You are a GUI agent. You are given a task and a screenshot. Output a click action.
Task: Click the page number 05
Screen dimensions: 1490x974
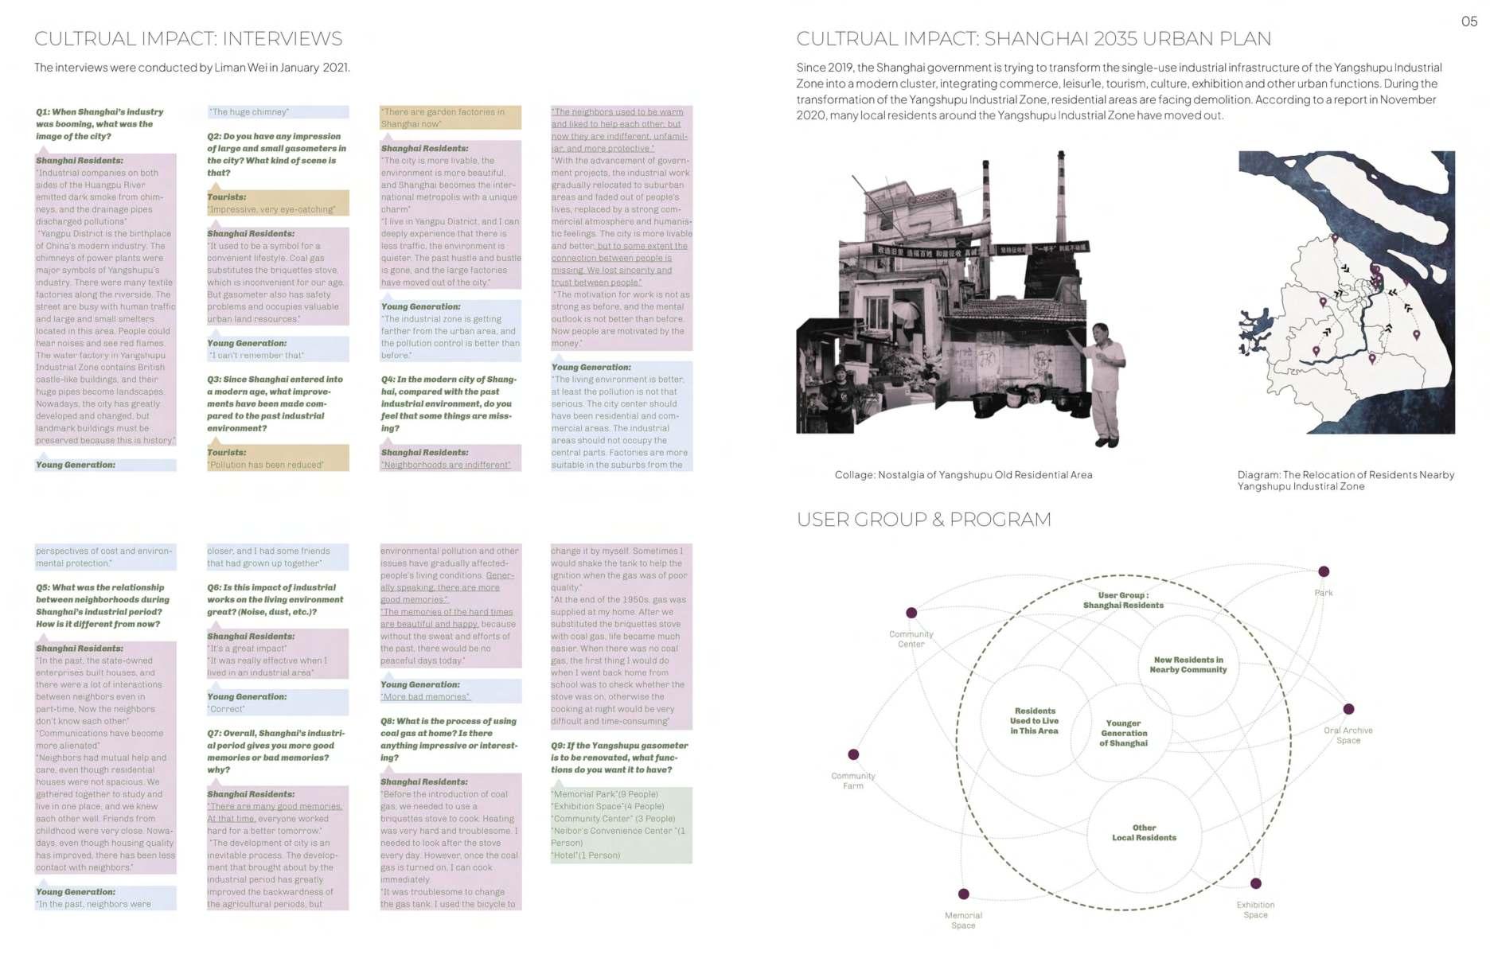[x=1469, y=21]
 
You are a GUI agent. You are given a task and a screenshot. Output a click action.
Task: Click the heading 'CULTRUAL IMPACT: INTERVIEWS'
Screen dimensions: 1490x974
[x=189, y=38]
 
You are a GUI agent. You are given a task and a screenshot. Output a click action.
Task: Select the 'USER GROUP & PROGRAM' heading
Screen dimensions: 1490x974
[x=923, y=520]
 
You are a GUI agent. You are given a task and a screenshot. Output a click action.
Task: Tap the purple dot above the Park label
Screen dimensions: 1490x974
[x=1324, y=571]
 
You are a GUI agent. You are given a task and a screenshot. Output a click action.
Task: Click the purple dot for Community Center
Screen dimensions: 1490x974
[x=911, y=613]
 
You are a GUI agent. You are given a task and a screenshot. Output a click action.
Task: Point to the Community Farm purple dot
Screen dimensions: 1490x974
[x=853, y=754]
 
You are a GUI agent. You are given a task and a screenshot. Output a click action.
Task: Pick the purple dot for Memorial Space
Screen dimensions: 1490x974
[x=963, y=894]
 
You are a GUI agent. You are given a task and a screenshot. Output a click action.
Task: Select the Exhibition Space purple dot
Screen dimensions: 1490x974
[x=1256, y=883]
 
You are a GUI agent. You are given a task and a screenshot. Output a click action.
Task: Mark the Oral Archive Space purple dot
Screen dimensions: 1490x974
[x=1348, y=709]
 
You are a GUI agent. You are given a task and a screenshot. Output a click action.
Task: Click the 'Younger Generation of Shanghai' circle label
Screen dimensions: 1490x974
[x=1124, y=733]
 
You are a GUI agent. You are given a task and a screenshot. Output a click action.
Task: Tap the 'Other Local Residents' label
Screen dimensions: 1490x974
[x=1144, y=832]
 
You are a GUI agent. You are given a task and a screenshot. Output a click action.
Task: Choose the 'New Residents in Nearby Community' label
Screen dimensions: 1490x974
[x=1188, y=664]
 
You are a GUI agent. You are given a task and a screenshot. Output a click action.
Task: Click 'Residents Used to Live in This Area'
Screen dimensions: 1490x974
[x=1034, y=721]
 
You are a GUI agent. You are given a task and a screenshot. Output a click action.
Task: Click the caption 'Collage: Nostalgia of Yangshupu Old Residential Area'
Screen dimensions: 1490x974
[x=963, y=475]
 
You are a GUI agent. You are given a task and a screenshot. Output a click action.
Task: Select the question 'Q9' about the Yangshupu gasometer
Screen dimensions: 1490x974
[x=619, y=758]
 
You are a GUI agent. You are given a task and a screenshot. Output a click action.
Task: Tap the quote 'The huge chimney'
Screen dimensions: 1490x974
[x=250, y=112]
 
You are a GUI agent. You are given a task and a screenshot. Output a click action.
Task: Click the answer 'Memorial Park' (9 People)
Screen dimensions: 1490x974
[x=606, y=794]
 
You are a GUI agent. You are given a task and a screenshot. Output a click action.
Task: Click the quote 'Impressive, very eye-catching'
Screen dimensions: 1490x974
[x=271, y=210]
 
